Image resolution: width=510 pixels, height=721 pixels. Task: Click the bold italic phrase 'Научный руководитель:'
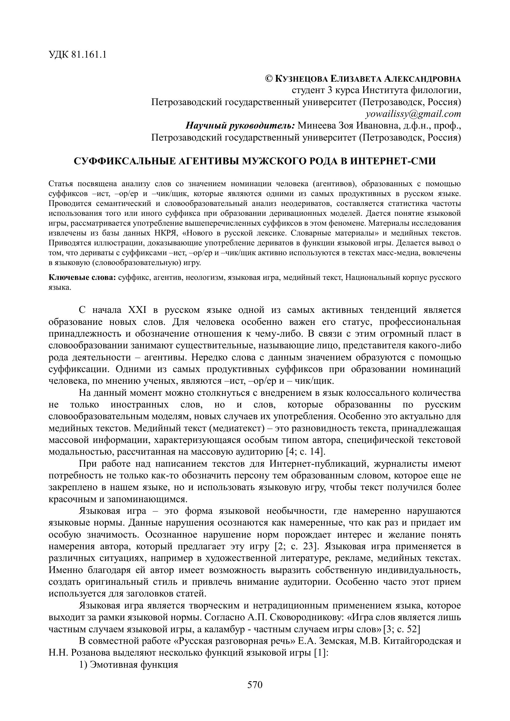[x=240, y=125]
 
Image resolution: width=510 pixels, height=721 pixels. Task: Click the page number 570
[x=255, y=685]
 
